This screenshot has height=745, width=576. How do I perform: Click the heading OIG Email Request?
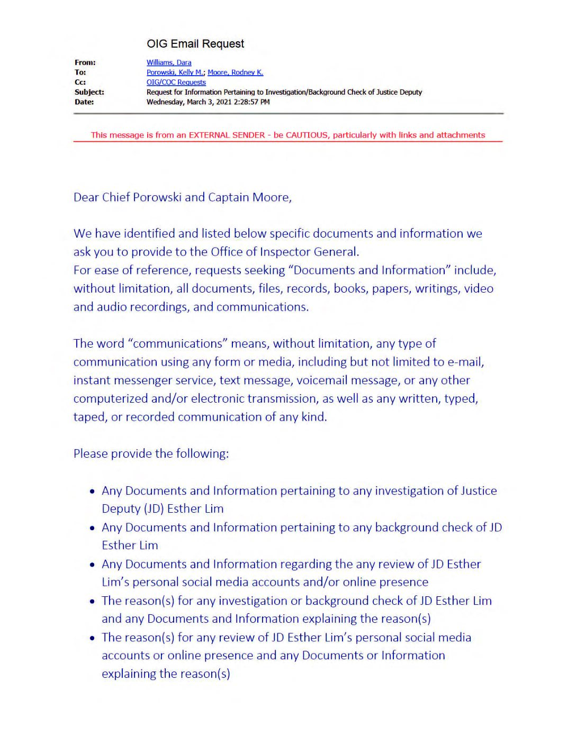[195, 44]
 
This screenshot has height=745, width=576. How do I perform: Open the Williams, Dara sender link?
[169, 62]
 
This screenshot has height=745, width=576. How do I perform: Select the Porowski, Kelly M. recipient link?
[175, 72]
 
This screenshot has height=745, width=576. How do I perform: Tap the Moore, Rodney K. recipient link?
[235, 72]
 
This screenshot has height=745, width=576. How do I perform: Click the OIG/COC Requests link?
[176, 82]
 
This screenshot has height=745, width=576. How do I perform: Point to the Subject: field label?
[89, 92]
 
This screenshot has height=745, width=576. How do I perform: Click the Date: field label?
[84, 102]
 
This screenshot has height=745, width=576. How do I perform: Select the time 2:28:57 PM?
[251, 102]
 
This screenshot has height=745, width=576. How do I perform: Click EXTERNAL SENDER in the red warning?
[227, 135]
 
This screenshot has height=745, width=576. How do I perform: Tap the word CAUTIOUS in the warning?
[307, 135]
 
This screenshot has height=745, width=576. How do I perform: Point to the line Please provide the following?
[151, 454]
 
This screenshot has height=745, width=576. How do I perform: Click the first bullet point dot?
[92, 492]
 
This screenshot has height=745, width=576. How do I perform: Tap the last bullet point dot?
[92, 638]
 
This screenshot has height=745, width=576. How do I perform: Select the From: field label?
[85, 62]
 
